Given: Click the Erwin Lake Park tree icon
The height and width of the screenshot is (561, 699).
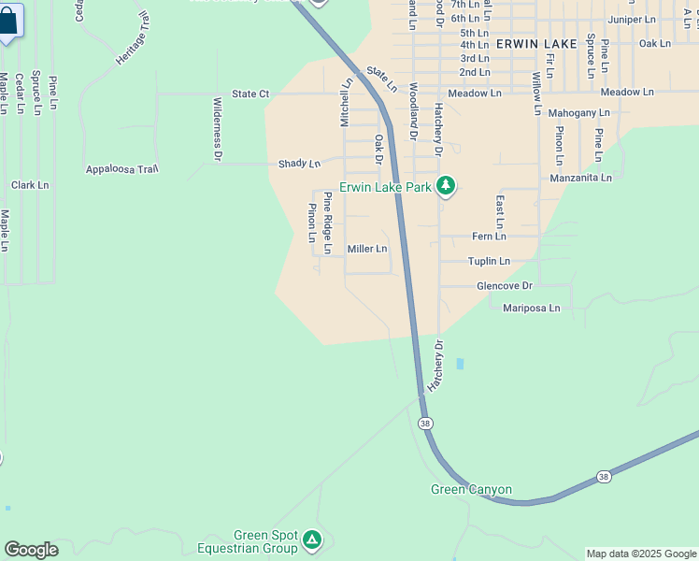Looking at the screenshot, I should (x=446, y=187).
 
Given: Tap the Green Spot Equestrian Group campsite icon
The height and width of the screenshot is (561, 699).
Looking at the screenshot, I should (x=312, y=540).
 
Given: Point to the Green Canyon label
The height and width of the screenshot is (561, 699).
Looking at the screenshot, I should (x=471, y=490).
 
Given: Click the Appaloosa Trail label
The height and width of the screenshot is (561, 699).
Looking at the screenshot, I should (x=122, y=169).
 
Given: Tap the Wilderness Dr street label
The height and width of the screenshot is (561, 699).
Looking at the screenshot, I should (x=217, y=129).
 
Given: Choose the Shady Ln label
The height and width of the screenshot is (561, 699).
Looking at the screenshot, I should (x=299, y=164).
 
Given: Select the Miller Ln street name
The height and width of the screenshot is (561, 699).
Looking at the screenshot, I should (x=367, y=249).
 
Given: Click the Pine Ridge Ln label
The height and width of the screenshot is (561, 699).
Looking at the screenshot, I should (x=327, y=223).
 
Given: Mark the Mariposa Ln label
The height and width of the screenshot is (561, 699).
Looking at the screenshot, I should (x=531, y=308).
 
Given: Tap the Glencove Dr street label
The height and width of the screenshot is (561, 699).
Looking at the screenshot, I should (x=504, y=285).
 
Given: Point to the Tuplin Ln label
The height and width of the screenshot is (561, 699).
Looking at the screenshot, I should (x=489, y=261).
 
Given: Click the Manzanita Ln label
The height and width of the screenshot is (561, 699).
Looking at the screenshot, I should (x=580, y=177).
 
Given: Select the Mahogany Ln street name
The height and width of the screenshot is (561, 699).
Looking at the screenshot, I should (x=578, y=112).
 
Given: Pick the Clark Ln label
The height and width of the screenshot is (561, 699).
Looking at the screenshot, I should (x=30, y=185).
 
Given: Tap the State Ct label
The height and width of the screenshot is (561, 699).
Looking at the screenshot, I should (x=250, y=94).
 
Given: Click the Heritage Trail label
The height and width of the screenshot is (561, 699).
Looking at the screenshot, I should (x=132, y=48).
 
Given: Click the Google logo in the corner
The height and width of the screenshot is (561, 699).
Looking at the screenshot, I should (x=31, y=550).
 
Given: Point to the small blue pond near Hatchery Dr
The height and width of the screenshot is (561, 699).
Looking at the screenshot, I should (x=459, y=364).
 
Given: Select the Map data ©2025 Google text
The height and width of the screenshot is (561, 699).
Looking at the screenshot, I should (x=641, y=554).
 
